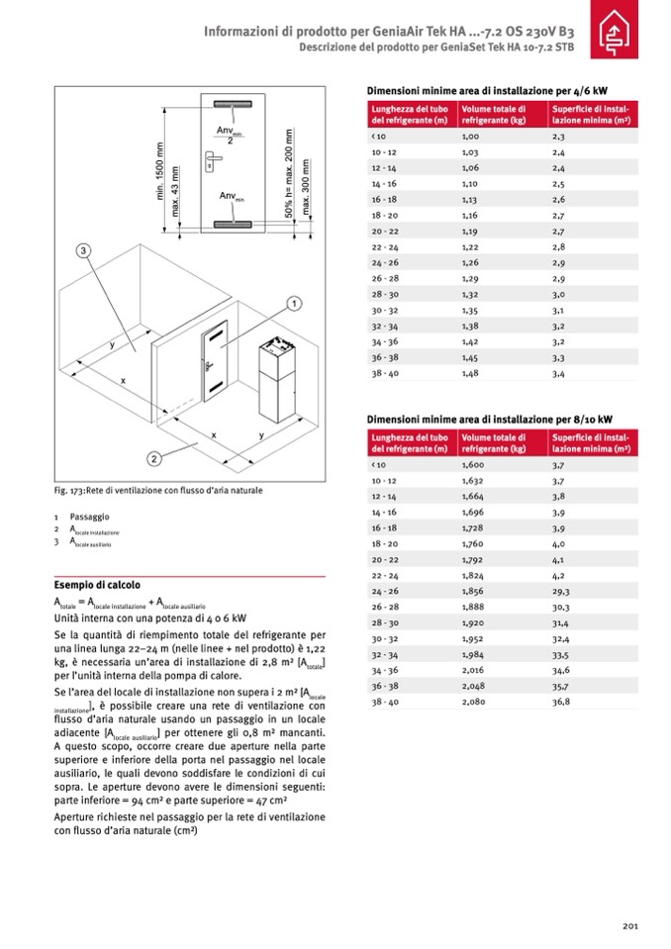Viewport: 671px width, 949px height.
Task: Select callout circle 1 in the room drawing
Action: coord(294,302)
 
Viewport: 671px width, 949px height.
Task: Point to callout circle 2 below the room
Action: coord(155,458)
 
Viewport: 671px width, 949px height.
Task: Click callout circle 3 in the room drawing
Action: coord(84,250)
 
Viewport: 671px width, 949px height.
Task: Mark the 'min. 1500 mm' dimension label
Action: coord(158,174)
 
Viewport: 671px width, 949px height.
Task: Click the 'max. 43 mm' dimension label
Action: coord(175,193)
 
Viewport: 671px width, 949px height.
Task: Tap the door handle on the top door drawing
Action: coord(211,156)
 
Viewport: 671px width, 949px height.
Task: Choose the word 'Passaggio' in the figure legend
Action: coord(90,517)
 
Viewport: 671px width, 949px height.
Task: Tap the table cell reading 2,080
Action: coord(475,702)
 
